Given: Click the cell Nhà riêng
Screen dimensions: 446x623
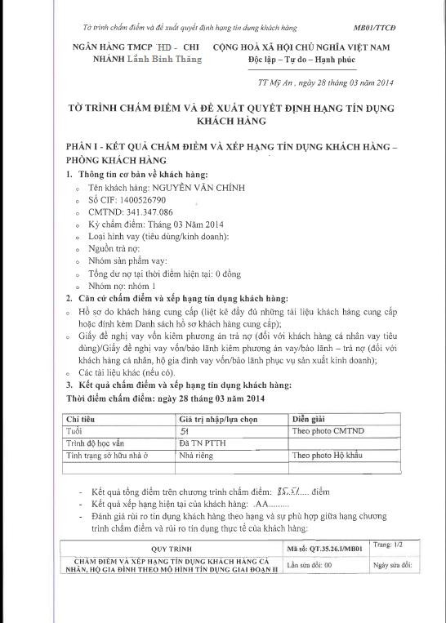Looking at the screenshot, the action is point(196,455).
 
